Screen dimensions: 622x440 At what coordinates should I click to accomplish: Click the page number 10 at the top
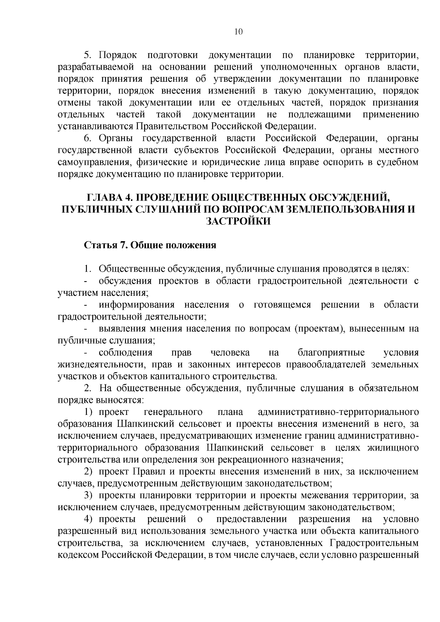(x=238, y=32)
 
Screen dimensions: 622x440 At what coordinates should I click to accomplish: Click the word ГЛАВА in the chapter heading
(x=104, y=198)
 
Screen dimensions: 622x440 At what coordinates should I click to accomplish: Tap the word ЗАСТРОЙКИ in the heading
(x=238, y=221)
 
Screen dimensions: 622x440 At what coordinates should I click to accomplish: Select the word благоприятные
(x=331, y=353)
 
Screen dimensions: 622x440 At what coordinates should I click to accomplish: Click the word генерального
(x=174, y=412)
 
